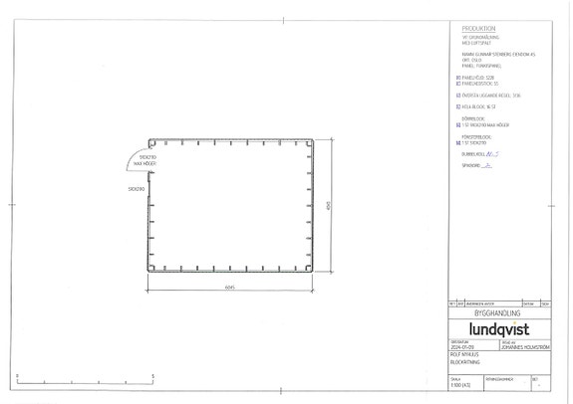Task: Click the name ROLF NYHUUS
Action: [x=464, y=354]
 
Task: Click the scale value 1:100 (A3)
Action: [x=461, y=383]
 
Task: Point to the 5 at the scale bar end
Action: [x=152, y=375]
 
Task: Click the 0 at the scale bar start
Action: [x=19, y=375]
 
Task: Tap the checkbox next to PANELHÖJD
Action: [x=456, y=75]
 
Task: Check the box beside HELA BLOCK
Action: [x=456, y=104]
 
